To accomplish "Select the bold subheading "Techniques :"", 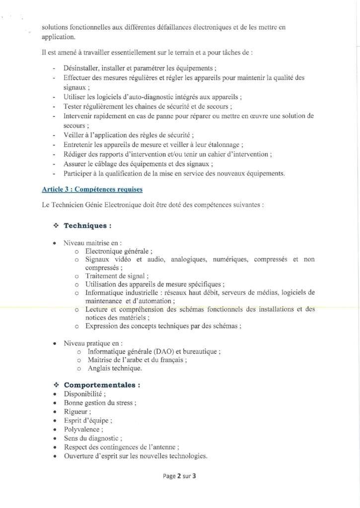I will tap(87, 226).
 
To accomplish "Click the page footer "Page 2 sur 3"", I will tap(180, 477).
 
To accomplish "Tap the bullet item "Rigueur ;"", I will tap(77, 411).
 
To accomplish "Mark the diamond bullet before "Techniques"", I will tap(56, 226).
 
